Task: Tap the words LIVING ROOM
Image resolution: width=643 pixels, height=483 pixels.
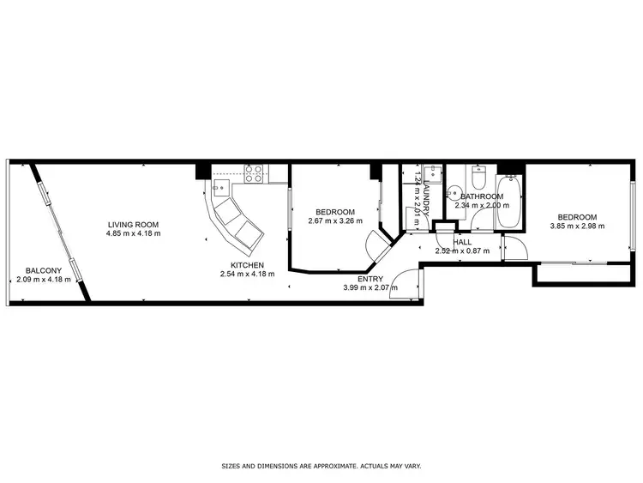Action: click(133, 224)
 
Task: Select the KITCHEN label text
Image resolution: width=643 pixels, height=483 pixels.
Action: click(246, 265)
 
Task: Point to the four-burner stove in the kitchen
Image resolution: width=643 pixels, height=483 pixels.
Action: click(254, 173)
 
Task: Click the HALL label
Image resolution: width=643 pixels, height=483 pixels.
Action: click(462, 243)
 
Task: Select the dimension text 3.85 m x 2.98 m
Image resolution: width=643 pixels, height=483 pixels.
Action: click(577, 226)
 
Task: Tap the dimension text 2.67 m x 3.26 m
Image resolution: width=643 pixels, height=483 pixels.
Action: click(335, 221)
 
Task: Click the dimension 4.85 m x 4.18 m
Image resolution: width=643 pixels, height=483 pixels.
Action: click(133, 233)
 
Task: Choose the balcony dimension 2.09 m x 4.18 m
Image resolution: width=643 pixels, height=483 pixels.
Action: click(43, 280)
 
